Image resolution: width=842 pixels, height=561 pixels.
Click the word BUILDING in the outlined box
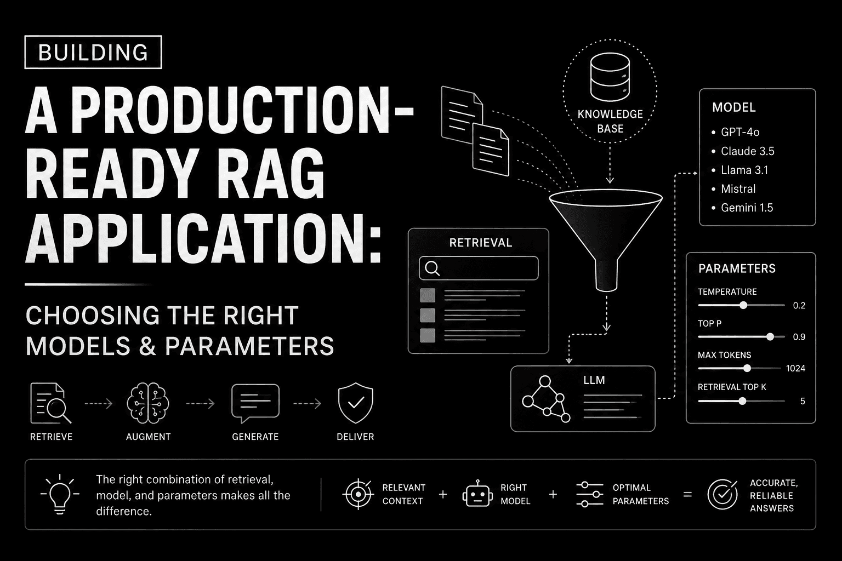point(93,52)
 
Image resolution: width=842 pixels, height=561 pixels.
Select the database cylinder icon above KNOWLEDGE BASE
point(610,77)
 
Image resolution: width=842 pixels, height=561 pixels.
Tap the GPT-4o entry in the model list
point(739,132)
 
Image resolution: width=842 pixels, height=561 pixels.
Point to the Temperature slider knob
point(743,306)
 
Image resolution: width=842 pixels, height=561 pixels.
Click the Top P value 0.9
point(799,337)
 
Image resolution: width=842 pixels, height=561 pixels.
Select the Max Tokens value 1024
point(795,368)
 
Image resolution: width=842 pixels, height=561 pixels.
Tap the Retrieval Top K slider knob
point(742,401)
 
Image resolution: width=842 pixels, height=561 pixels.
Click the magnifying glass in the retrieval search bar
point(433,268)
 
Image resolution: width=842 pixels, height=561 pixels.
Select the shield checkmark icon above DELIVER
point(355,403)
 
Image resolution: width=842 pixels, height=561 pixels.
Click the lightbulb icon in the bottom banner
point(60,494)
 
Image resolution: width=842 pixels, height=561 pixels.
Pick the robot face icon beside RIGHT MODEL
point(477,494)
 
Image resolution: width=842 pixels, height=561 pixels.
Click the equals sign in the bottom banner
point(687,495)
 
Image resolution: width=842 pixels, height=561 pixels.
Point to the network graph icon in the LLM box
point(546,399)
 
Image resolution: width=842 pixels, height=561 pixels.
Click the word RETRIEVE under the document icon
point(51,437)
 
